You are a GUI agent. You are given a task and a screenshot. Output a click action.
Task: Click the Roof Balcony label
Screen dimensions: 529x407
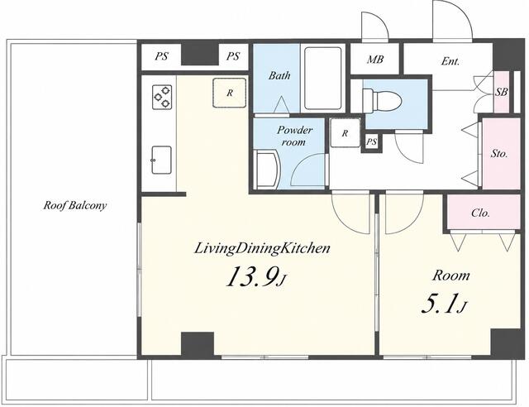(75, 205)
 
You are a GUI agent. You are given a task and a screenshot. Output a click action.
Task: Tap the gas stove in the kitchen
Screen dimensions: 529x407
(162, 97)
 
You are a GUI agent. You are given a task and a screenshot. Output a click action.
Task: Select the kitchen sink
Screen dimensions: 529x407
(161, 160)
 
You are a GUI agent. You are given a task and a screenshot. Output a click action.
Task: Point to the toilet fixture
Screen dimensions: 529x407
(382, 100)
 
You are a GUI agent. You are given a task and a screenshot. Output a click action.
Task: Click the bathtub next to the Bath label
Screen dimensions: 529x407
(323, 79)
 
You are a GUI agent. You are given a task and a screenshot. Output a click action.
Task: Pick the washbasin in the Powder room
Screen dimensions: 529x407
(266, 170)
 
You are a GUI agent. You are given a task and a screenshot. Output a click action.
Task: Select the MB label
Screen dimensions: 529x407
(375, 60)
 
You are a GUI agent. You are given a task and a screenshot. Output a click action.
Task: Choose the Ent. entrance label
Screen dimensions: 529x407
(450, 61)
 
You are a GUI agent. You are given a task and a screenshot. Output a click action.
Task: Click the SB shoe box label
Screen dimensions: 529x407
(502, 92)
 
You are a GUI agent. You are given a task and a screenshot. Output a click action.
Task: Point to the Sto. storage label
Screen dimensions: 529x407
(499, 154)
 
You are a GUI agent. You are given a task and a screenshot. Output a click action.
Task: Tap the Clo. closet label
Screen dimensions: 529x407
(480, 213)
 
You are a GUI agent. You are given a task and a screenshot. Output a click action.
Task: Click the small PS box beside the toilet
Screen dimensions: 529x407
(371, 141)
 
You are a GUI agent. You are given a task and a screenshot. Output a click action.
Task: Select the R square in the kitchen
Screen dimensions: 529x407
(230, 93)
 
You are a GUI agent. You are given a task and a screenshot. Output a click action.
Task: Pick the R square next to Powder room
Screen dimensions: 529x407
(345, 133)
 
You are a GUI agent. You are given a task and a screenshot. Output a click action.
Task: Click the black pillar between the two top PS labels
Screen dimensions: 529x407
(200, 54)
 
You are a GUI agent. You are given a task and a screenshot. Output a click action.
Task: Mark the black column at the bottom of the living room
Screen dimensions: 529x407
(198, 344)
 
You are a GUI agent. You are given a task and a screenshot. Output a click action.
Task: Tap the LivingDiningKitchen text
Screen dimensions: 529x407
(262, 249)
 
